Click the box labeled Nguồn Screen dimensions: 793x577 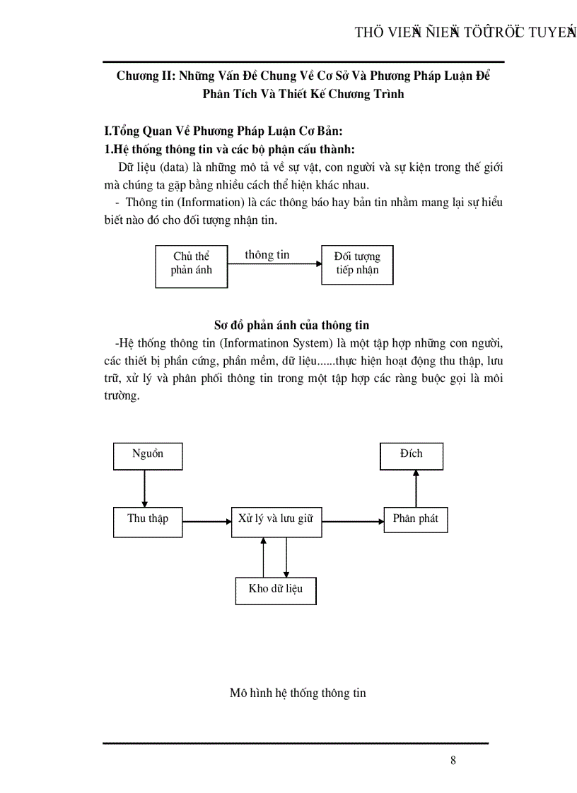148,455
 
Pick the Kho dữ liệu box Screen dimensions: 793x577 275,590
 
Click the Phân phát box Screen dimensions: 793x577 415,520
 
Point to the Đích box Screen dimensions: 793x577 412,455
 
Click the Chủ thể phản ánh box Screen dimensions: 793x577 191,265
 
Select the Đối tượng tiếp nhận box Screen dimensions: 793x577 357,264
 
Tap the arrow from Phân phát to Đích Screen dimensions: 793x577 416,487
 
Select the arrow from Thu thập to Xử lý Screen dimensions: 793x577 206,522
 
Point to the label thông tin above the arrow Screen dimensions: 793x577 267,255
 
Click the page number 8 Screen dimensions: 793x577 453,761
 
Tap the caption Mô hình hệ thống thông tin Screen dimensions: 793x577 298,693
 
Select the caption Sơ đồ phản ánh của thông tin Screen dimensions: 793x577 291,325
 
